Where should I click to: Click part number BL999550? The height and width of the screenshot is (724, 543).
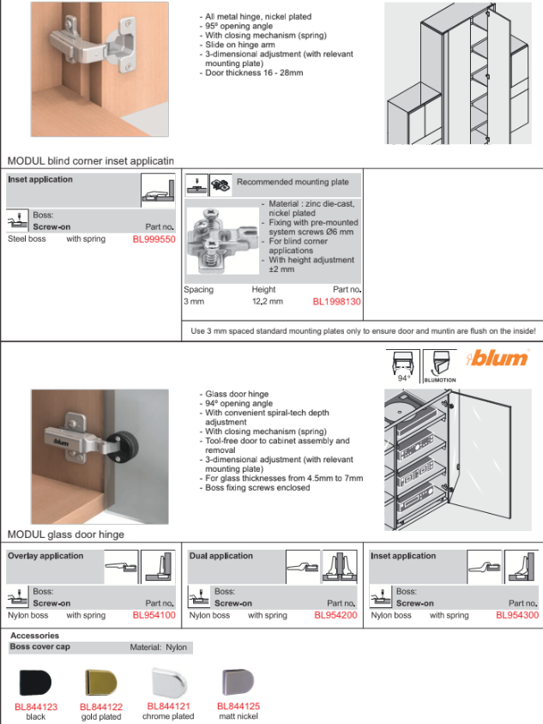click(154, 239)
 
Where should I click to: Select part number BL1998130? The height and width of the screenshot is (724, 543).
click(336, 301)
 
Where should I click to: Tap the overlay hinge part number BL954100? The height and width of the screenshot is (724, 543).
click(154, 615)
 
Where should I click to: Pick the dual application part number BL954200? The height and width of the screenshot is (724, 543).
click(335, 615)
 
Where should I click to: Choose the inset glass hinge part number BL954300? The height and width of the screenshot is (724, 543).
click(517, 615)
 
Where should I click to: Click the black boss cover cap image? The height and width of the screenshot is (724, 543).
click(35, 683)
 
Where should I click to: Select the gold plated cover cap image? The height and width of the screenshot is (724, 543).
click(100, 683)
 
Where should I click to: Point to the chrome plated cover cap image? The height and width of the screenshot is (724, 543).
click(169, 681)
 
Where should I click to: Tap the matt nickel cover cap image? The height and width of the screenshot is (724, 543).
click(238, 681)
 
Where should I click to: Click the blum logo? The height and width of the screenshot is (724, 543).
click(498, 358)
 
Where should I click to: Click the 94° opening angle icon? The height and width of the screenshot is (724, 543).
click(402, 366)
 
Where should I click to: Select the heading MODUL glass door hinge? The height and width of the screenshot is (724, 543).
click(65, 534)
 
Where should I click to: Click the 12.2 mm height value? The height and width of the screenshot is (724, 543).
click(268, 301)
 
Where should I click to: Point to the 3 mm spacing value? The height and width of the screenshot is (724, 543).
click(194, 301)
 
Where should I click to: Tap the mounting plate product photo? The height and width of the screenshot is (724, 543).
click(222, 240)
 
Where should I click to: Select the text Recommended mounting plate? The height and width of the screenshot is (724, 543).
click(293, 182)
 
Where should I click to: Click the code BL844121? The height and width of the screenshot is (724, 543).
click(168, 706)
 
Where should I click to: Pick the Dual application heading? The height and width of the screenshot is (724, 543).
click(221, 556)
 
